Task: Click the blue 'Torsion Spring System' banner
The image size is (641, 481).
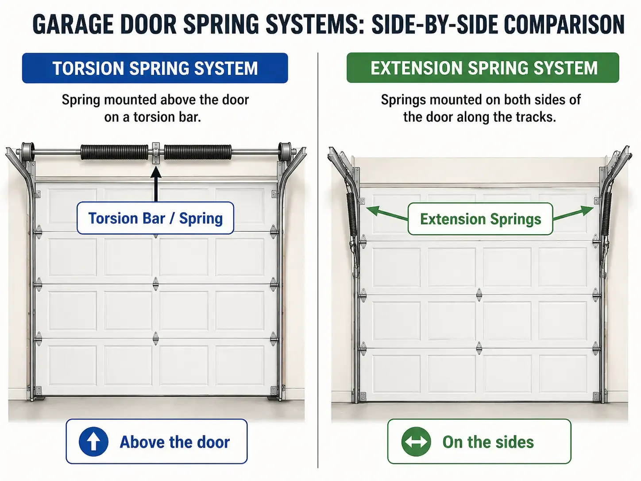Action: [x=155, y=68]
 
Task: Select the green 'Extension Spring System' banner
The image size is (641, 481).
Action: [x=483, y=67]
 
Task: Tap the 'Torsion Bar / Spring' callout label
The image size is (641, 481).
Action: [x=155, y=218]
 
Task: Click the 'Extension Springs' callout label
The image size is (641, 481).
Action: [x=480, y=219]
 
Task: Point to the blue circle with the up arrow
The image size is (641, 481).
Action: [x=93, y=442]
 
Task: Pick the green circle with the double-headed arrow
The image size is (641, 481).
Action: [x=416, y=442]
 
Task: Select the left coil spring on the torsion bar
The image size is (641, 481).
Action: [x=114, y=152]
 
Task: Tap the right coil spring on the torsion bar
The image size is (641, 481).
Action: [x=198, y=152]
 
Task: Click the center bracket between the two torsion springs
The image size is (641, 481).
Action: [x=156, y=153]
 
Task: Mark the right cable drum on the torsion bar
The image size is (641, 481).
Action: [x=285, y=151]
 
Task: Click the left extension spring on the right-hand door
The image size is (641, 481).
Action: [x=352, y=214]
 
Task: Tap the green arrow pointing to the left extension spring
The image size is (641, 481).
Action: [x=387, y=213]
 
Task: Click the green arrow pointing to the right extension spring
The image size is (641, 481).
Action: [x=573, y=213]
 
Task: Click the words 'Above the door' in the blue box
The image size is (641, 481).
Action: [x=174, y=442]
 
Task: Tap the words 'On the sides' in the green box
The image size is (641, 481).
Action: [x=488, y=442]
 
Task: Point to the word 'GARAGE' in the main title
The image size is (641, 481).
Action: [x=73, y=24]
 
